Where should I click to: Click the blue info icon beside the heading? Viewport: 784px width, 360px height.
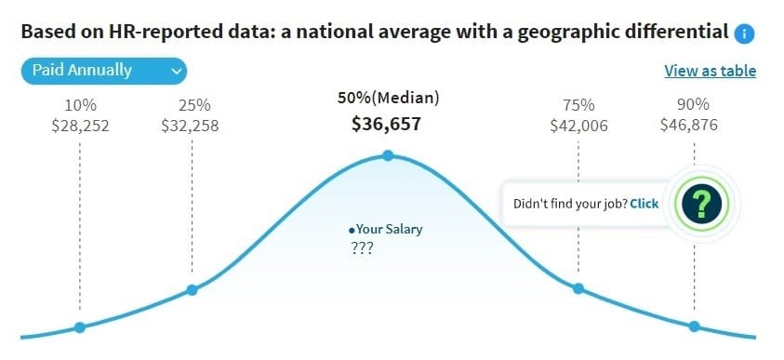(743, 33)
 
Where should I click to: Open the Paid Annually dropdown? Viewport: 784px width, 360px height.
(103, 71)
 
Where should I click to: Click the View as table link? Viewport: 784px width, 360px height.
(710, 71)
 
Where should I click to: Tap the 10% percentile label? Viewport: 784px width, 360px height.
(80, 104)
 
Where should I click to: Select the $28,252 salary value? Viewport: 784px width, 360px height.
(80, 126)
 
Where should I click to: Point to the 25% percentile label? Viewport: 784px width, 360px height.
(193, 104)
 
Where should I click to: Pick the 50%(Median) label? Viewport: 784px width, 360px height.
(388, 98)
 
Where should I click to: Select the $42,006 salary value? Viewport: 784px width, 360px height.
(578, 126)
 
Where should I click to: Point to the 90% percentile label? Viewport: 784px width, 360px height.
(694, 104)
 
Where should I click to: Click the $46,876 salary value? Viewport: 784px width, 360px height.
(694, 126)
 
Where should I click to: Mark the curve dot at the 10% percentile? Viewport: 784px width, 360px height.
(80, 327)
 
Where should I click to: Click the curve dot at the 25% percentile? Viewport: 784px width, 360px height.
(193, 289)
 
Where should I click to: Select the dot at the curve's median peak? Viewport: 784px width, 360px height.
(388, 155)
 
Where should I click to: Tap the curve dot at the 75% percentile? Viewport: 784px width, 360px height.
(578, 288)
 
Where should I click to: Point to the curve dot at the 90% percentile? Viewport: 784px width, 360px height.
(694, 326)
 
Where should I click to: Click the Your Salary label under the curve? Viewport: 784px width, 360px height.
(386, 229)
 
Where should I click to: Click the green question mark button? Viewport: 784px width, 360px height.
(703, 203)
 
